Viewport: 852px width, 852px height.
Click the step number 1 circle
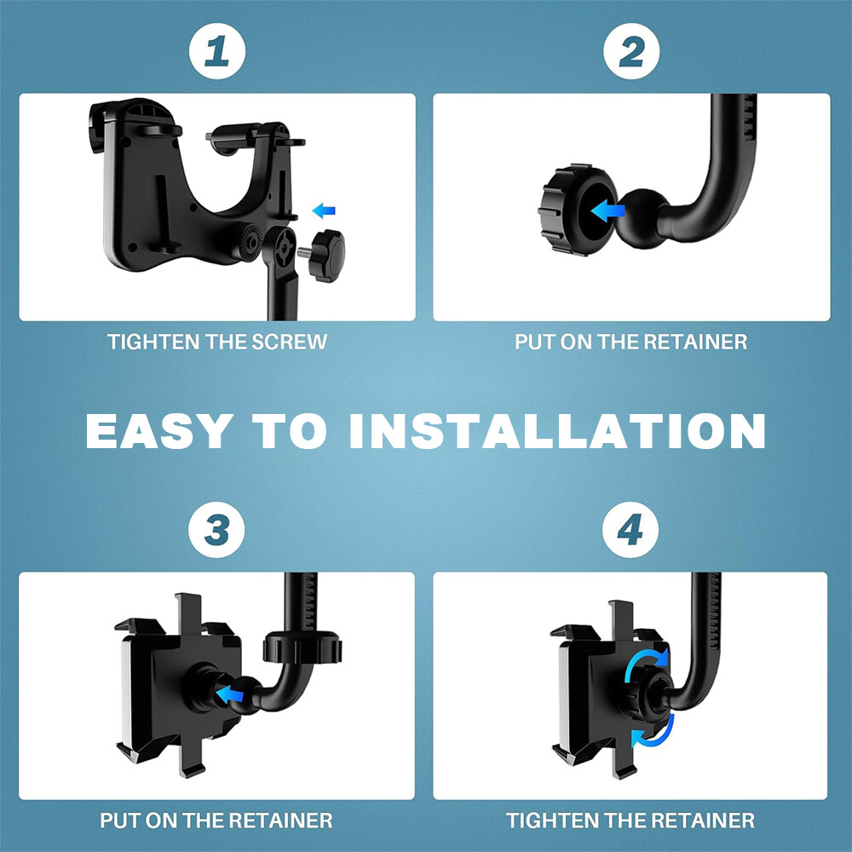(217, 51)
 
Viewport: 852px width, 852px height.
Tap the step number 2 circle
(631, 51)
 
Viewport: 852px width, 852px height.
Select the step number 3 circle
(216, 530)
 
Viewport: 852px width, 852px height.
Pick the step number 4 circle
(630, 530)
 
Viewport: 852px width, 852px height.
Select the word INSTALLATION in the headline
(557, 431)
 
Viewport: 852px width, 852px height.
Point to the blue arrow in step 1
(324, 210)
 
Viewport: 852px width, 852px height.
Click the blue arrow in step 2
(607, 210)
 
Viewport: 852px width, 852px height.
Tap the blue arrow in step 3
(229, 694)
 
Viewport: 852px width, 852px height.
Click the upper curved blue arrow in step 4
(645, 662)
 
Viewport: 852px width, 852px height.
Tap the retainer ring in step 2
(577, 210)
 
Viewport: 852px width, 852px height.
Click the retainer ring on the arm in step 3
(302, 648)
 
